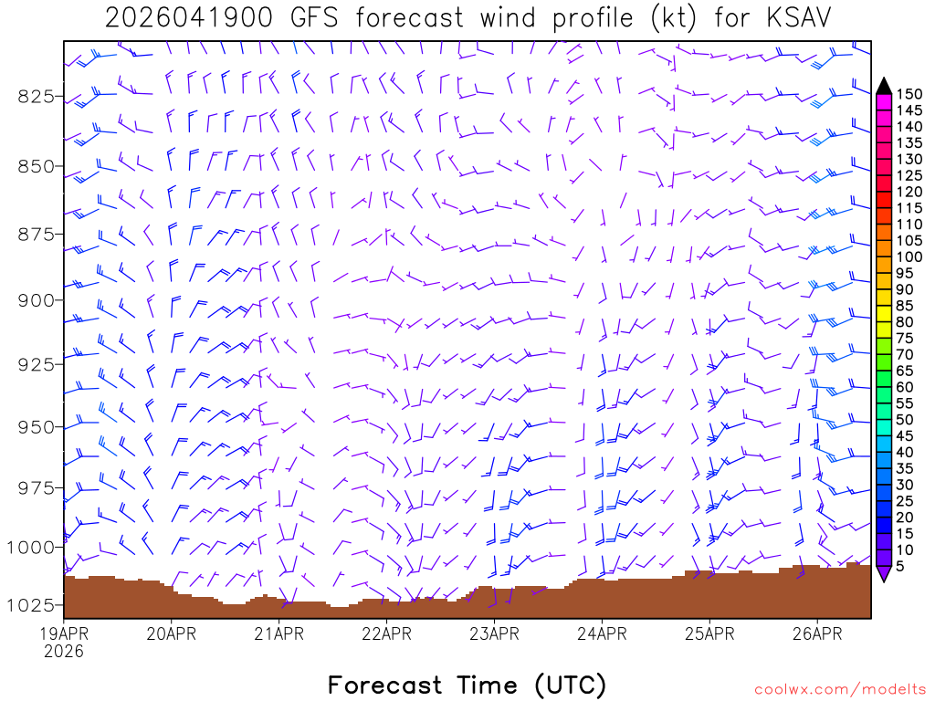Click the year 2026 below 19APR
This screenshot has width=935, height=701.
pyautogui.click(x=64, y=651)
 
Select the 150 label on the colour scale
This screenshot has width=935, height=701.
pyautogui.click(x=909, y=93)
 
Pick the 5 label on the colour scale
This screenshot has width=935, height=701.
pyautogui.click(x=899, y=566)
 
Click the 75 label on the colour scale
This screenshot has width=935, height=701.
pyautogui.click(x=904, y=338)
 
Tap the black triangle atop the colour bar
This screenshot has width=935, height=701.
pyautogui.click(x=883, y=86)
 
